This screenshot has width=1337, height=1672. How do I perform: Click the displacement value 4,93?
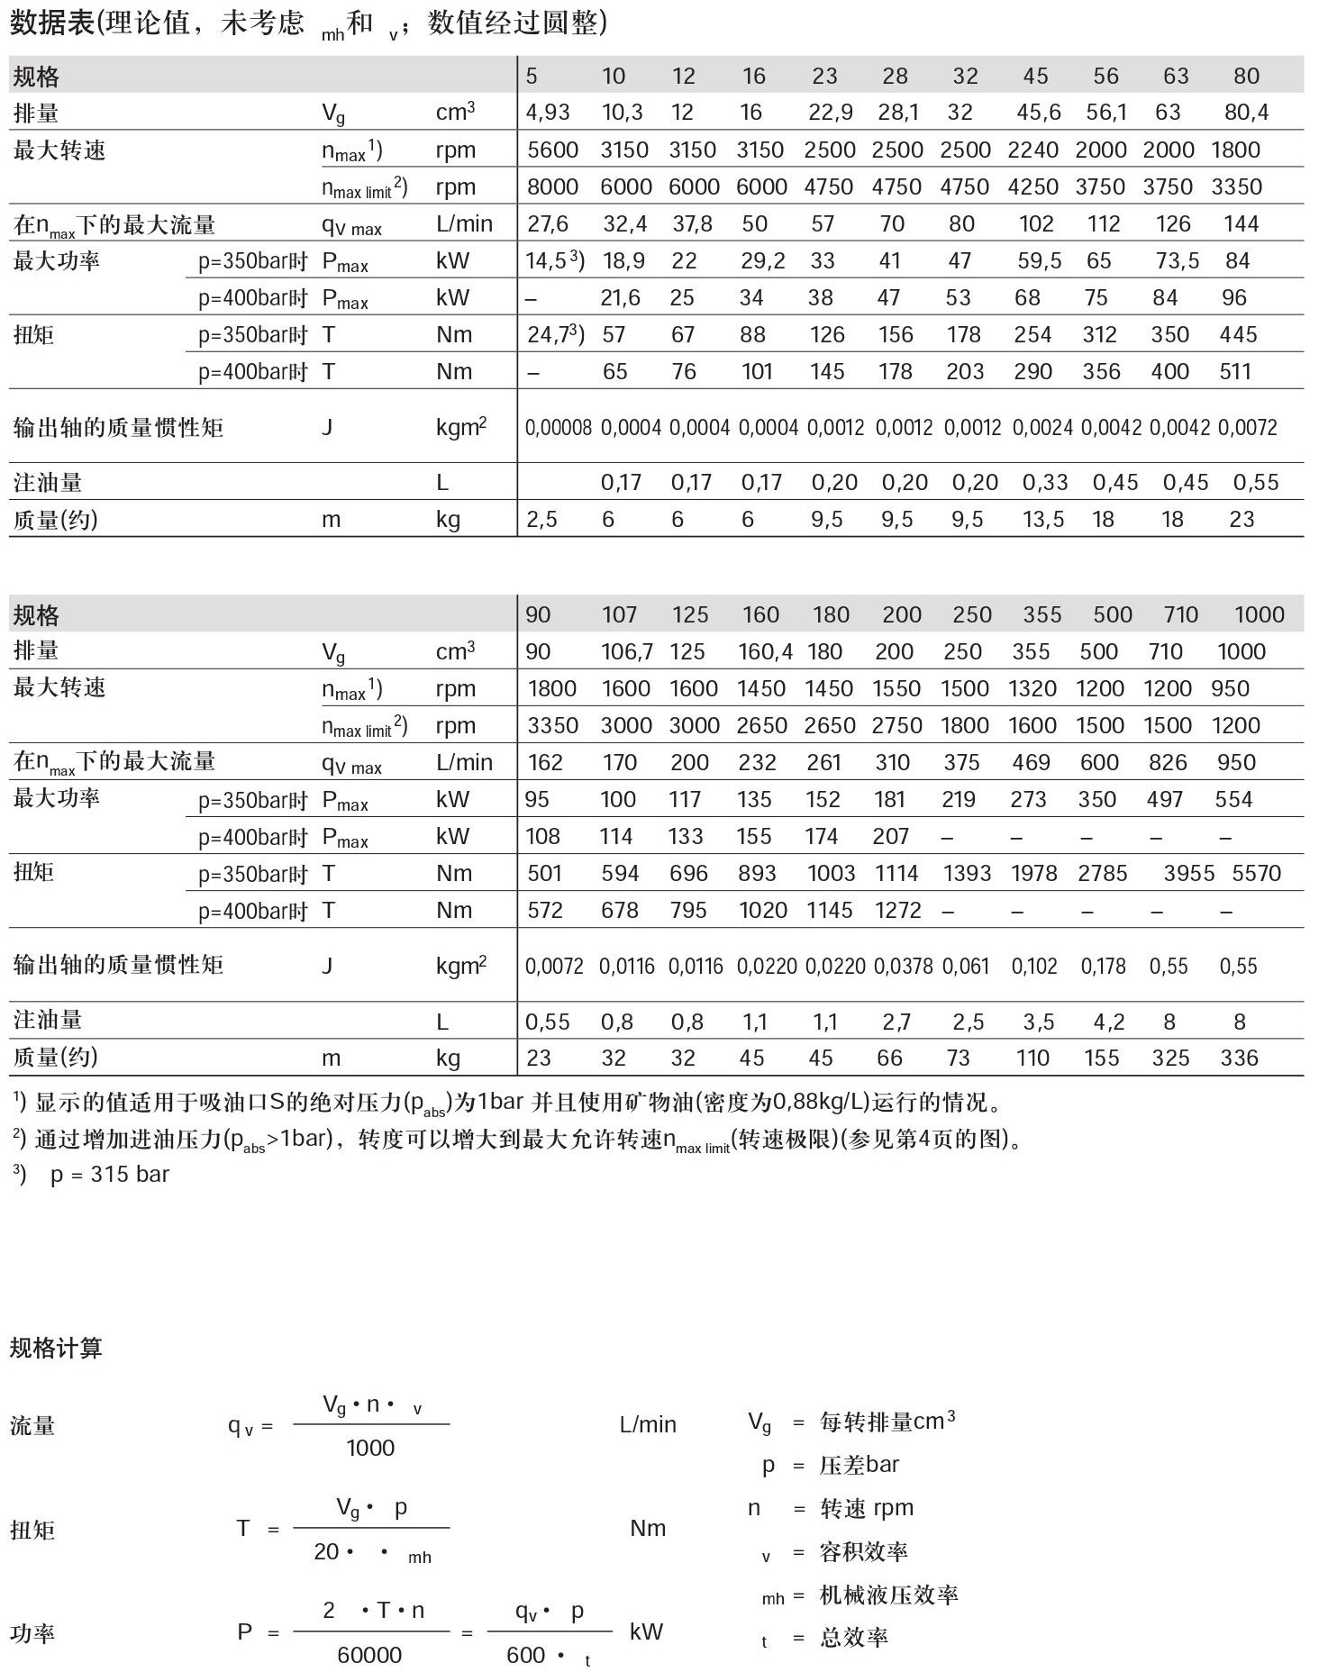(548, 113)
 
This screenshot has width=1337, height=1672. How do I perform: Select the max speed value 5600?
(552, 150)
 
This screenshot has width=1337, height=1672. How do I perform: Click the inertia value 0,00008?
(558, 428)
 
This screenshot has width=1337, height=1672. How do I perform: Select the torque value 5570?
(1256, 873)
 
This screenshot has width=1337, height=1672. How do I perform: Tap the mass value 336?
(1239, 1058)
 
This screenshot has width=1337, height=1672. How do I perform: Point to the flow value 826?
(1168, 762)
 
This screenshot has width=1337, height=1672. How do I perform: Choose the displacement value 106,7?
(627, 651)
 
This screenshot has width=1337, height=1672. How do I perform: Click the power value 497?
(1164, 799)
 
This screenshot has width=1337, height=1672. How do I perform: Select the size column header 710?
(1180, 614)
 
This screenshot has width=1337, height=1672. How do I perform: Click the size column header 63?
(1176, 77)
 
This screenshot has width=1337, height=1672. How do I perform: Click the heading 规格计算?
(56, 1348)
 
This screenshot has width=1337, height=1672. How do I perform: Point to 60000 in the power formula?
(369, 1654)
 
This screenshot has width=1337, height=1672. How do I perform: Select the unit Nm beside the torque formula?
(648, 1527)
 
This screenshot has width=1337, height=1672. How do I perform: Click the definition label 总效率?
(853, 1637)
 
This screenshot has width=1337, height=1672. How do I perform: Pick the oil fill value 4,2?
(1108, 1022)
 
